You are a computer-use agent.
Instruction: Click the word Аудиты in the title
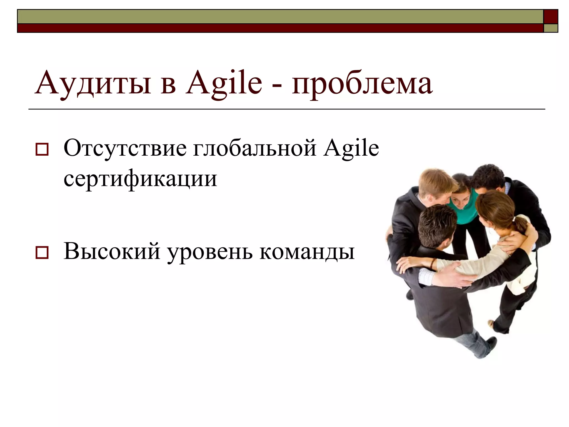click(x=93, y=83)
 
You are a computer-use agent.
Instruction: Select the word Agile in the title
click(x=224, y=83)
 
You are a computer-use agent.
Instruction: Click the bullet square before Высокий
click(x=42, y=252)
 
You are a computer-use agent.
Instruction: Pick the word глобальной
click(x=255, y=148)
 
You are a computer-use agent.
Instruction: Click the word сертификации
click(x=140, y=179)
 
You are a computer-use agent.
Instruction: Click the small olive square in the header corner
click(x=550, y=28)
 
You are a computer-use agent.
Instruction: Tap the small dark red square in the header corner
click(x=550, y=16)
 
